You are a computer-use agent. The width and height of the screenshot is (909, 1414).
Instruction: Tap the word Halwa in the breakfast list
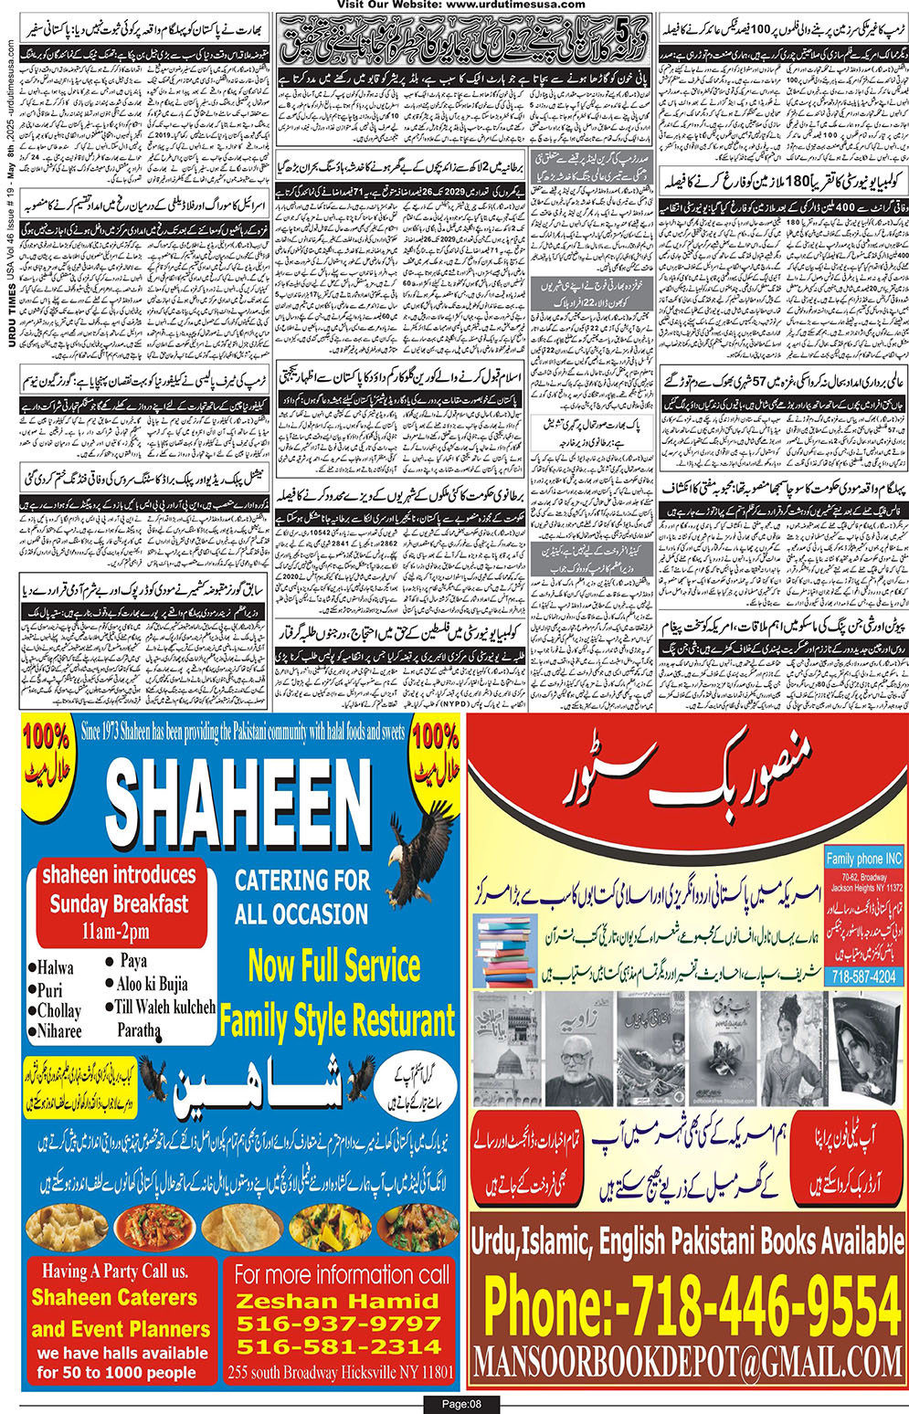55,967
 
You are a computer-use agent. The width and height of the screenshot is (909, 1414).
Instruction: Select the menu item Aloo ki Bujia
152,984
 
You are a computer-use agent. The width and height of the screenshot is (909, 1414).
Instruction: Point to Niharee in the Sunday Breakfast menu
59,1031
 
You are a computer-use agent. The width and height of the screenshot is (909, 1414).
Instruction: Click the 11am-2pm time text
119,933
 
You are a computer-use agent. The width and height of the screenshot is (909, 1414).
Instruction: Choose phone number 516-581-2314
338,1346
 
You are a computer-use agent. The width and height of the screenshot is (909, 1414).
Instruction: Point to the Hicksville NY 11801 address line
342,1372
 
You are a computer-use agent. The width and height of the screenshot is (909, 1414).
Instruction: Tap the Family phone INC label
863,860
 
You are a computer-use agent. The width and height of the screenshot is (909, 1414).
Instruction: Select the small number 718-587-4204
862,976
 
